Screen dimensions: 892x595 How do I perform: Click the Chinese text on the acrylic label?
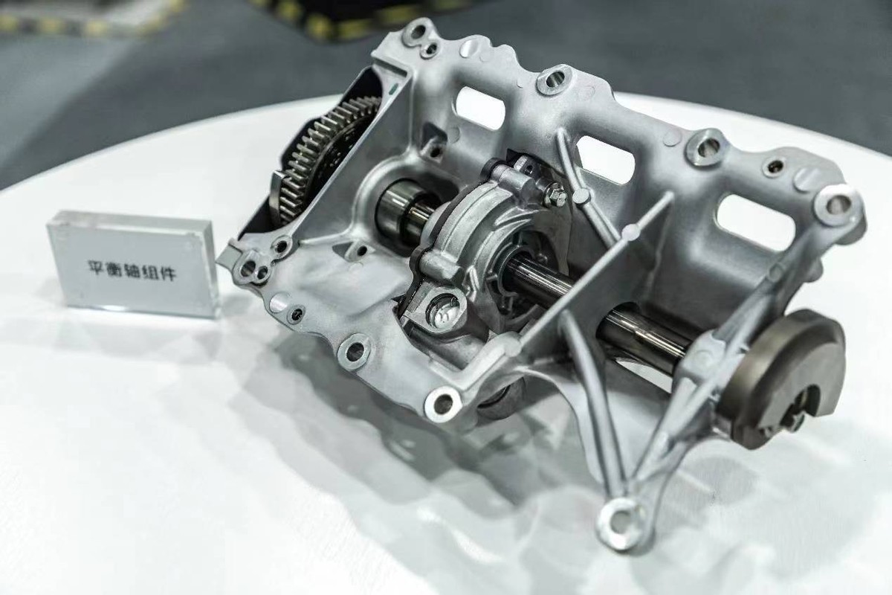(x=132, y=271)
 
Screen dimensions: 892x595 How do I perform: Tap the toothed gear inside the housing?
(x=314, y=159)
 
